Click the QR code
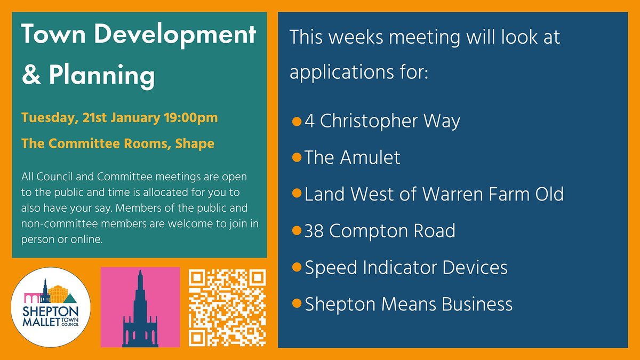point(227,307)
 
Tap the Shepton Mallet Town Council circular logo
point(51,308)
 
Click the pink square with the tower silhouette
point(140,307)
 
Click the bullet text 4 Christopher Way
point(382,121)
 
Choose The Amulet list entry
point(352,157)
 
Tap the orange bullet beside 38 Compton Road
point(297,231)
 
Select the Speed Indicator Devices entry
point(405,267)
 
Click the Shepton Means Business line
point(408,304)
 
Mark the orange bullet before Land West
point(297,194)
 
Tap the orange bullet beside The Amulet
point(297,158)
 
